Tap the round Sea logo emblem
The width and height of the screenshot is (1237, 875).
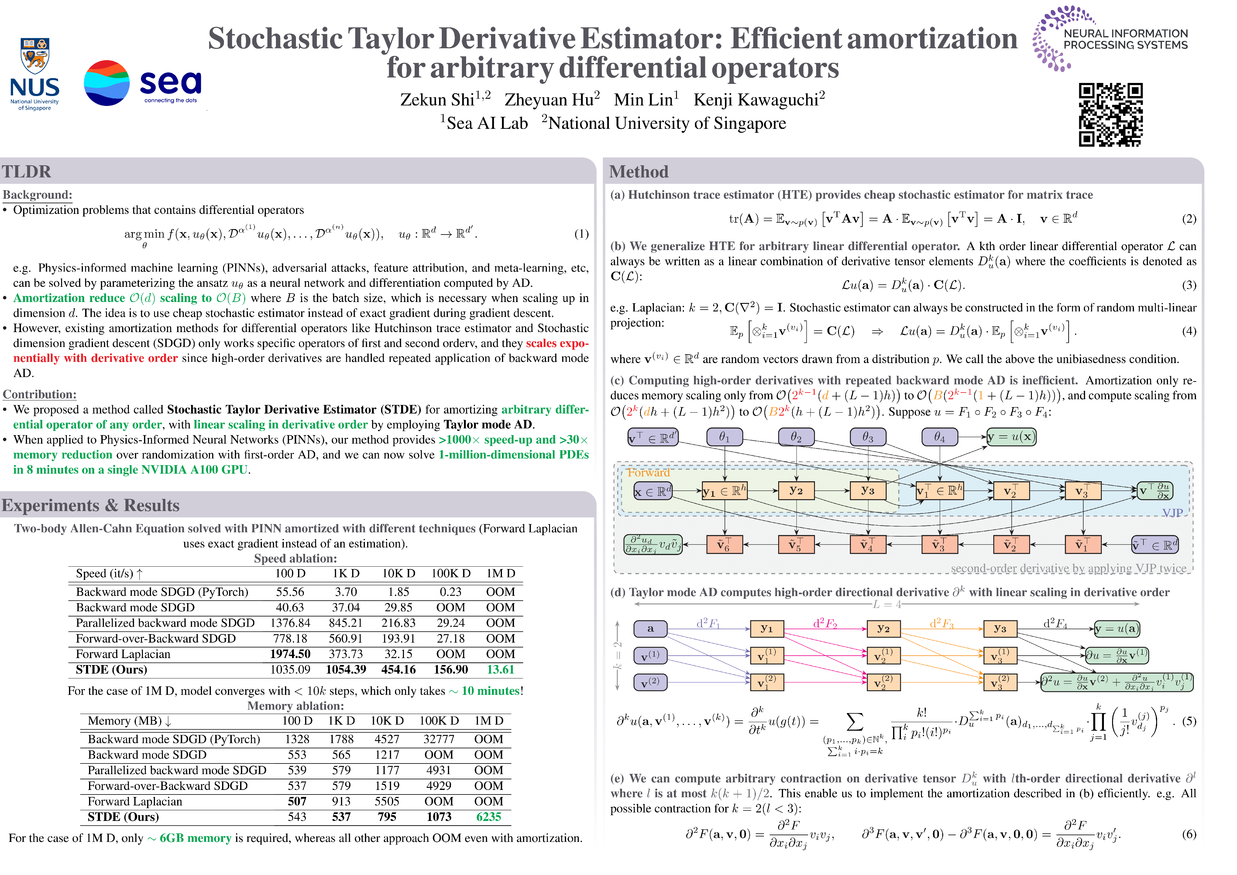tap(107, 83)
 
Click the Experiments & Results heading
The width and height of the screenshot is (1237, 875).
tap(91, 505)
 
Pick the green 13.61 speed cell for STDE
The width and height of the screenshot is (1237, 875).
tap(500, 670)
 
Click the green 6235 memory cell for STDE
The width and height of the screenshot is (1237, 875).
tap(488, 817)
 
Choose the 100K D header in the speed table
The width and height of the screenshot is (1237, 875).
tap(450, 573)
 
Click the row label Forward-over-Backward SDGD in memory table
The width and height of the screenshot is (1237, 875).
tap(167, 786)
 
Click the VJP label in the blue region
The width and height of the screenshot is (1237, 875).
tap(1172, 513)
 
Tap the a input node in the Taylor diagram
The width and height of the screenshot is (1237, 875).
tap(650, 628)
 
